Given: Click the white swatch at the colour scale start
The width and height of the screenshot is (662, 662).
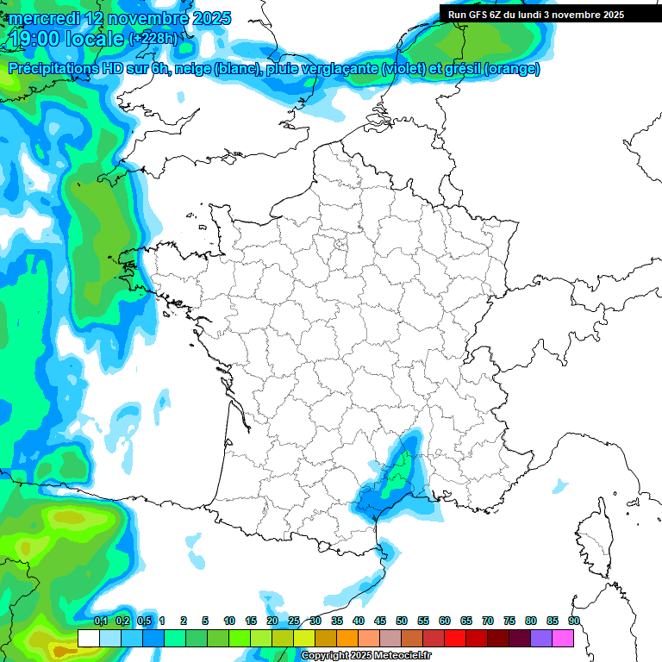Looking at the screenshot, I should pyautogui.click(x=88, y=638).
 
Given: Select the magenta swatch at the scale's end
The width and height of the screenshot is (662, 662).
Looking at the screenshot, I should pyautogui.click(x=563, y=638).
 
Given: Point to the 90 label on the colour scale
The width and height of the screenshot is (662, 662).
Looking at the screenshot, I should pyautogui.click(x=573, y=621).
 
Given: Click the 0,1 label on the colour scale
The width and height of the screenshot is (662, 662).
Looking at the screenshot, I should pyautogui.click(x=100, y=621).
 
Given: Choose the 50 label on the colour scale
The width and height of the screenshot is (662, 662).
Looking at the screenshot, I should pyautogui.click(x=402, y=621).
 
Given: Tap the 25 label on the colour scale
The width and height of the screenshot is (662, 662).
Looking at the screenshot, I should pyautogui.click(x=294, y=621).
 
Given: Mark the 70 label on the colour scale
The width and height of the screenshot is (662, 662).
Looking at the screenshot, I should pyautogui.click(x=488, y=621).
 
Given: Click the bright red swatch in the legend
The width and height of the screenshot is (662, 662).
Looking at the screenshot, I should pyautogui.click(x=455, y=638).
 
